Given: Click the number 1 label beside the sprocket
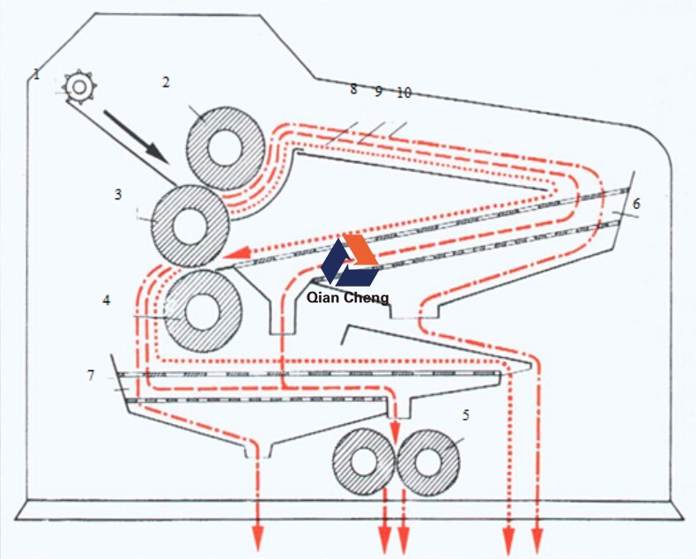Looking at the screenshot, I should (x=37, y=74).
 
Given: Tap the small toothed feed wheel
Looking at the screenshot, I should (x=79, y=86).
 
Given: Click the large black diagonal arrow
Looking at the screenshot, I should (x=136, y=135).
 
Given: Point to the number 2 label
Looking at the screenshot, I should (x=165, y=82).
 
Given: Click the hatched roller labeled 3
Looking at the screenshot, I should (x=189, y=226).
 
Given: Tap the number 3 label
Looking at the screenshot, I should (x=117, y=194).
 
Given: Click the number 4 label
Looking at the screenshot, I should (x=107, y=300).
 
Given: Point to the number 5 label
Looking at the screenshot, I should (x=465, y=414).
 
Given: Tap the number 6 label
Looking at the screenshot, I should (x=636, y=204).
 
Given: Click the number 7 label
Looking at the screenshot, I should (x=91, y=376).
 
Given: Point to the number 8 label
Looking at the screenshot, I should (x=353, y=89).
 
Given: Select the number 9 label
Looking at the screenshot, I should (x=378, y=90).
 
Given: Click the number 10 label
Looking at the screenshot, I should (x=404, y=92).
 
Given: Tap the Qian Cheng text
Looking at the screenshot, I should (x=348, y=298).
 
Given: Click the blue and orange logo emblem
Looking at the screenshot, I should (x=350, y=259).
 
